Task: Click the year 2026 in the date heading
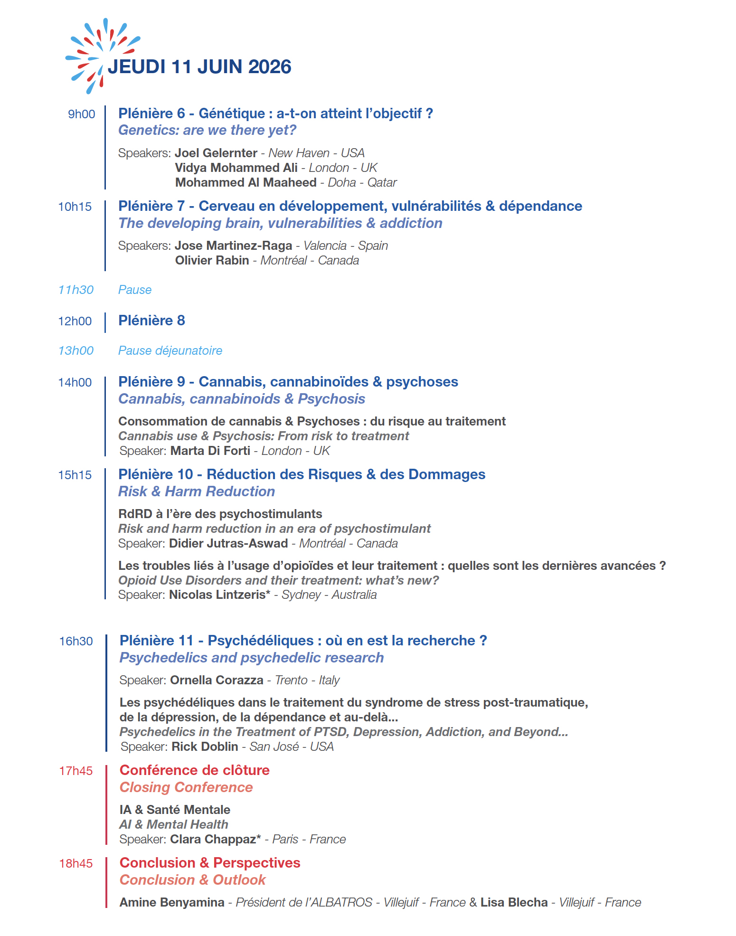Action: pos(269,67)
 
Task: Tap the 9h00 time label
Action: pos(81,114)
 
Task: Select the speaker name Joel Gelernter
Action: pos(216,153)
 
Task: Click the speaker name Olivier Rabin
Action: pos(212,260)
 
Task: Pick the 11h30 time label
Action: pos(76,290)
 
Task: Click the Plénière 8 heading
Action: pos(151,321)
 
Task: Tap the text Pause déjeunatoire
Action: pos(170,350)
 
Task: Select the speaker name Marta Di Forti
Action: pos(210,451)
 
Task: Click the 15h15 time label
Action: pos(75,475)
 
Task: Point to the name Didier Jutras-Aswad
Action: pos(228,543)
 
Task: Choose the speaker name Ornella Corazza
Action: pos(217,680)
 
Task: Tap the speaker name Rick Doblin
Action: pos(205,747)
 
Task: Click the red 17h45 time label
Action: pos(76,771)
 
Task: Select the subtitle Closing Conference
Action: pos(186,787)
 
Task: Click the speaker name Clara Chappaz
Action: pos(213,839)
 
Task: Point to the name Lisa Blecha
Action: pos(514,902)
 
